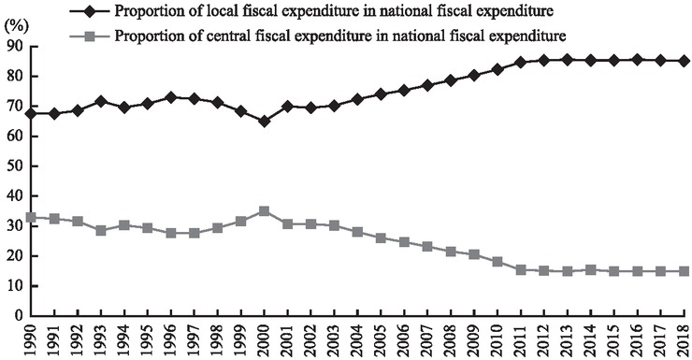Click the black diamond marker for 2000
point(265,121)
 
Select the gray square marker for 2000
point(265,211)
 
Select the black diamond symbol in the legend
point(90,11)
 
